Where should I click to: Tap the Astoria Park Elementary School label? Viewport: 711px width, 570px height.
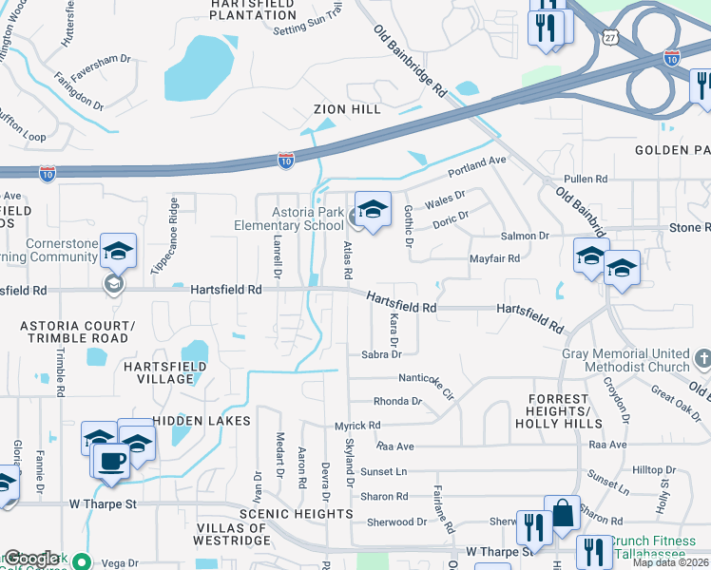pyautogui.click(x=290, y=218)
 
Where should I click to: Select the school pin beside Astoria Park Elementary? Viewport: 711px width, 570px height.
pyautogui.click(x=374, y=211)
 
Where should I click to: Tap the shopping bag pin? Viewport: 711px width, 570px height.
pyautogui.click(x=563, y=514)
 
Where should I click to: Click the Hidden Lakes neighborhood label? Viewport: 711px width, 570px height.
pyautogui.click(x=202, y=421)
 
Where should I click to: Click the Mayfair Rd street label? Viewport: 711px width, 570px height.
pyautogui.click(x=495, y=258)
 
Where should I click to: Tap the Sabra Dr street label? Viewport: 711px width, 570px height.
pyautogui.click(x=383, y=354)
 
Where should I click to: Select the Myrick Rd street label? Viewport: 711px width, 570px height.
pyautogui.click(x=357, y=426)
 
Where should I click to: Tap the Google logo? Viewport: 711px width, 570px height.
pyautogui.click(x=31, y=558)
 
